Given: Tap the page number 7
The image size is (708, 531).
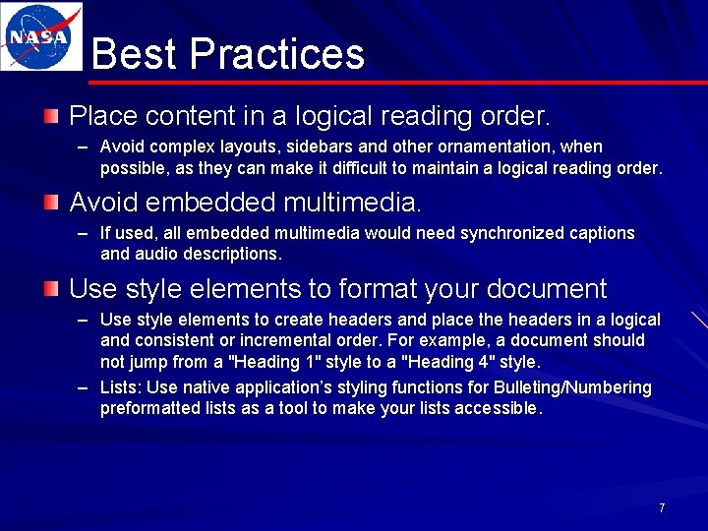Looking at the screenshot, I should [662, 507].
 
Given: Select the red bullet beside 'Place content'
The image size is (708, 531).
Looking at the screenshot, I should [50, 117].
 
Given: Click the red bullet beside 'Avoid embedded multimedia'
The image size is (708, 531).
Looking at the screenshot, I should [50, 204].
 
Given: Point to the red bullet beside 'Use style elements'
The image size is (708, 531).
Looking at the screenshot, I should [50, 289].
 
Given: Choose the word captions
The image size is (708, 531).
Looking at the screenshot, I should [603, 233].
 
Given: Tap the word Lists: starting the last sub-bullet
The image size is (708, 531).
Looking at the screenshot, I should [121, 387].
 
